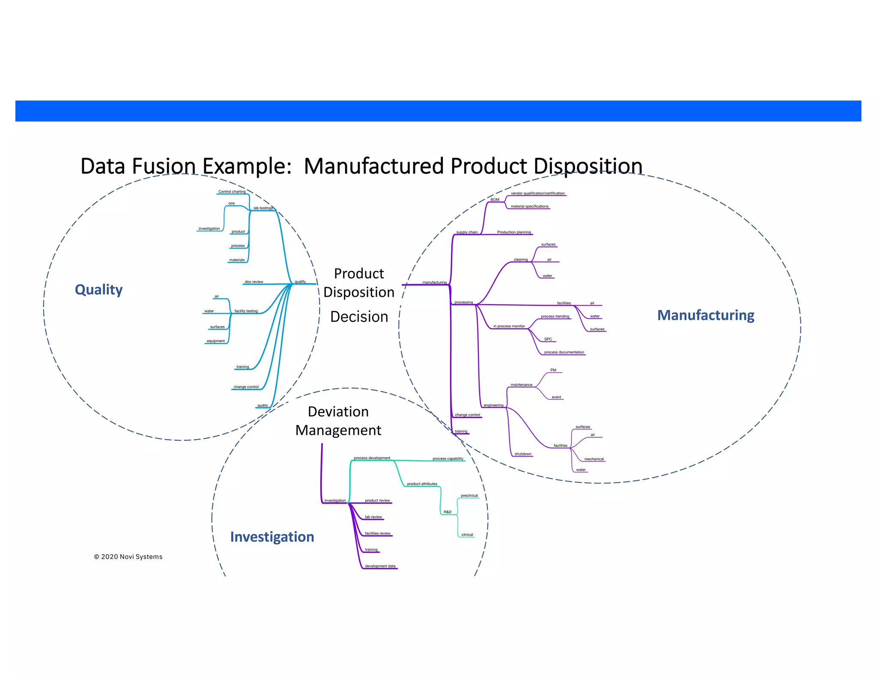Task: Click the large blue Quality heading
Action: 98,290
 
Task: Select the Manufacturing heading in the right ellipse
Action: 705,315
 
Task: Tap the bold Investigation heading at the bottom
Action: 272,537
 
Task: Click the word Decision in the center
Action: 359,317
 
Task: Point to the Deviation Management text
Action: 338,421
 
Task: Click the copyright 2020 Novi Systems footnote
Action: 128,557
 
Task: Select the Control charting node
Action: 232,192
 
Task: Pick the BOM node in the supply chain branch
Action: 495,200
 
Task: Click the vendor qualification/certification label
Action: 537,193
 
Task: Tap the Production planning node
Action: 513,232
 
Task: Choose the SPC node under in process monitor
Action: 548,339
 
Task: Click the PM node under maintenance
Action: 553,370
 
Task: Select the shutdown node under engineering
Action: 522,454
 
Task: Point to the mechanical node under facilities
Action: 594,459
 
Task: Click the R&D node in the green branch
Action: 447,512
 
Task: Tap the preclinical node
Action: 469,496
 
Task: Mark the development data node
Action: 380,566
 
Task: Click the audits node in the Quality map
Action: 262,406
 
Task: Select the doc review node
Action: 254,282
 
